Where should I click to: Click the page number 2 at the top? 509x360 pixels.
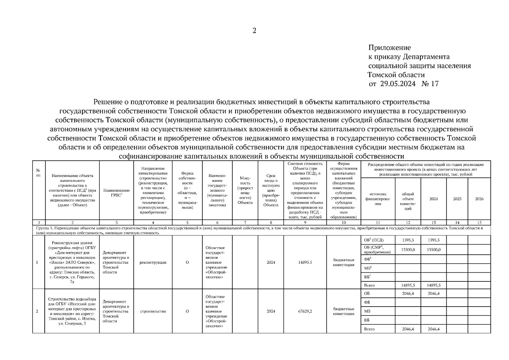tap(254, 31)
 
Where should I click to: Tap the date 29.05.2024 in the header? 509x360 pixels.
tap(398, 84)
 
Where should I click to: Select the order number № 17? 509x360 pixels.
tap(430, 84)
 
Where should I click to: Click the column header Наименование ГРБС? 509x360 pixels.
tap(116, 193)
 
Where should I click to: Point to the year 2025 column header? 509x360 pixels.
tap(457, 199)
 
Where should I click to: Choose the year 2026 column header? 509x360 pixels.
tap(479, 199)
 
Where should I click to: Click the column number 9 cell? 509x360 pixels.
tap(305, 222)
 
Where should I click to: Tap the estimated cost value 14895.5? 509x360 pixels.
tap(305, 262)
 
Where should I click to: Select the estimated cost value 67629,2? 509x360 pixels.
tap(305, 311)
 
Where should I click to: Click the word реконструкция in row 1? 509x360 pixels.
tap(153, 262)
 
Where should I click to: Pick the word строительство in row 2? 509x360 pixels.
tap(153, 311)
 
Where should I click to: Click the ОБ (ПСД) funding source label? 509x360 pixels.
tap(374, 240)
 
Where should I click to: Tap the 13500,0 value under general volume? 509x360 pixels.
tap(408, 250)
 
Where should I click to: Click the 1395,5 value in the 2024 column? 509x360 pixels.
tap(433, 240)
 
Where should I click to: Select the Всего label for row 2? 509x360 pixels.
tap(369, 329)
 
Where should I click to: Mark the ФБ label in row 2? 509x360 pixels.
tap(367, 302)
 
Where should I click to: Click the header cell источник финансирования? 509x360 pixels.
tap(378, 199)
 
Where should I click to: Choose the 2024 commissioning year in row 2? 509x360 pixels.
tap(271, 311)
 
